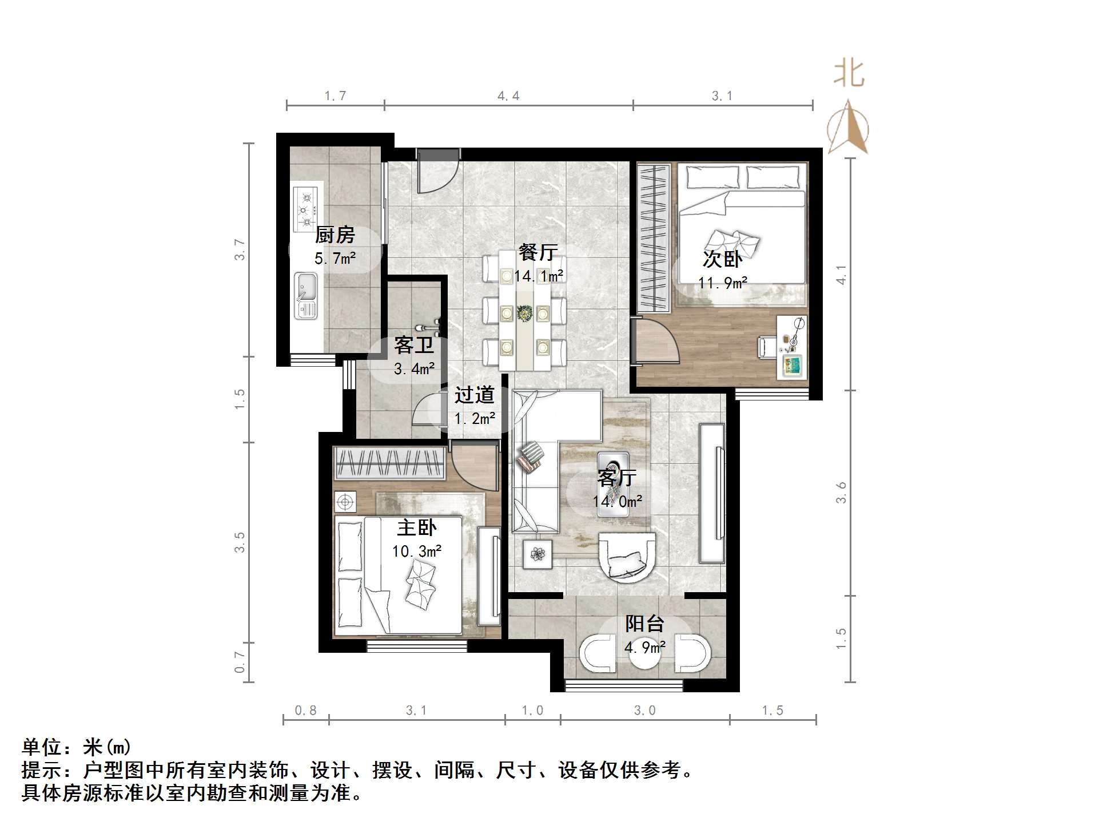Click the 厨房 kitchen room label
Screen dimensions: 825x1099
[335, 235]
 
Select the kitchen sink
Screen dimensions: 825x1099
[305, 295]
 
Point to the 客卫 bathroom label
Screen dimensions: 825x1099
[414, 345]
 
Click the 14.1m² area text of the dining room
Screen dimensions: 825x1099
[539, 276]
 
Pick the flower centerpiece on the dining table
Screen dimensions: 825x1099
[524, 313]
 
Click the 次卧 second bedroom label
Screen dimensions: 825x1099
[722, 259]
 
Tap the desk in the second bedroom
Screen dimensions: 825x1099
[793, 346]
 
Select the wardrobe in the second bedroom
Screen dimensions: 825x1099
[654, 238]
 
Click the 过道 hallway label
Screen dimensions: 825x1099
[475, 395]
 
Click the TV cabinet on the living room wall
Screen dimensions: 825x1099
[712, 492]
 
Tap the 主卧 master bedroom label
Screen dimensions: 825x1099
[417, 527]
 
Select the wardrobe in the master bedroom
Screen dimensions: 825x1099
[389, 463]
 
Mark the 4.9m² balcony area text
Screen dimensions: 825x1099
[645, 647]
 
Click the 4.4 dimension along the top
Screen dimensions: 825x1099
[508, 96]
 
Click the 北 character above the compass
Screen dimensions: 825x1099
[849, 74]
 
